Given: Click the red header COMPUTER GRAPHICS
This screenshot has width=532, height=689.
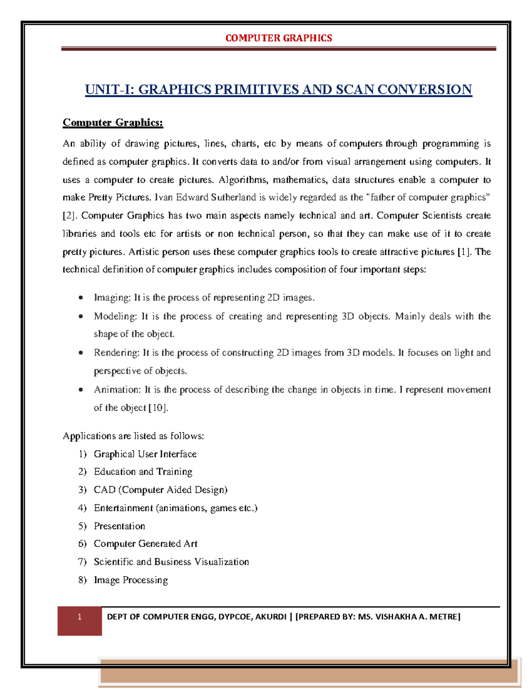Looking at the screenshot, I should coord(278,38).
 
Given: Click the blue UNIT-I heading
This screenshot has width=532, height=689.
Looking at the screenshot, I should coord(278,90).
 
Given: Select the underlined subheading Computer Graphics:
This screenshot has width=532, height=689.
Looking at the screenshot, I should coord(113,122).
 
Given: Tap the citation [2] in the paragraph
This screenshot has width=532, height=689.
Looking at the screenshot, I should coord(70,216).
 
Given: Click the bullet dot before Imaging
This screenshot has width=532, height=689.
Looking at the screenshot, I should coord(81,298).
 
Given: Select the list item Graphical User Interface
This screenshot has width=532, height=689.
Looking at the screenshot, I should coord(145,454).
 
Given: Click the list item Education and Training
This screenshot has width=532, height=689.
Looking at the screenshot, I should coord(143,472).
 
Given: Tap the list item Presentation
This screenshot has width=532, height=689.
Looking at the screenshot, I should coord(119,526).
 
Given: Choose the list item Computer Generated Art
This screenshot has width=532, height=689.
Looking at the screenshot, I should coord(145,544).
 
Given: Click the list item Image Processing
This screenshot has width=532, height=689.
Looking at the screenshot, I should coord(131,580).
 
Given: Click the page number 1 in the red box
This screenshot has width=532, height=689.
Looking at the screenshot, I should coord(79,617).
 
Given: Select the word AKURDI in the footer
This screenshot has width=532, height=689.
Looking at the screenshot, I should coord(270,617).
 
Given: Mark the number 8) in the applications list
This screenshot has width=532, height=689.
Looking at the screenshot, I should coord(82,580).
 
